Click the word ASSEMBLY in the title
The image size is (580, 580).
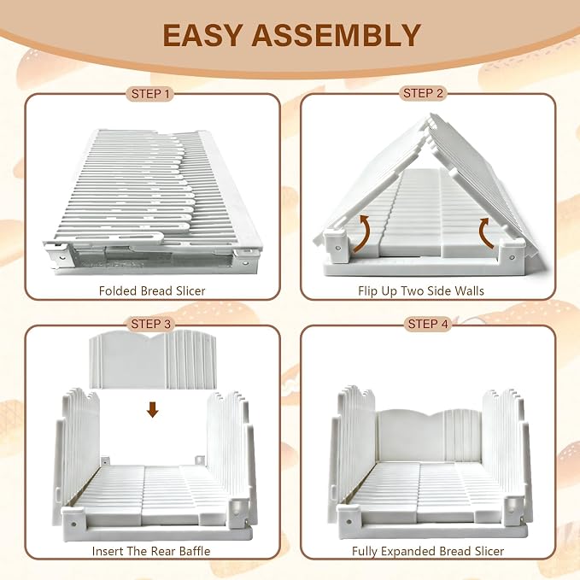pos(337,35)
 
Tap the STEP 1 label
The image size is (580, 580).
pos(150,94)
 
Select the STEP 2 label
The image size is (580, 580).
pos(423,93)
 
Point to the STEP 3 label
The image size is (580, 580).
pos(150,324)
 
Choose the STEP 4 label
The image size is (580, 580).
pos(428,324)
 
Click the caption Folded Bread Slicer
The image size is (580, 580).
pos(152,290)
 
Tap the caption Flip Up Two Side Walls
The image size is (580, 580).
pos(421,290)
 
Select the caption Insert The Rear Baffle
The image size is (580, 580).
pos(151,551)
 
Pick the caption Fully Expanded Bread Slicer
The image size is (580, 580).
pos(428,551)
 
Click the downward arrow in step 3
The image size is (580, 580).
pos(152,409)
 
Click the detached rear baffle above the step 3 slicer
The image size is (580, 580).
pos(152,360)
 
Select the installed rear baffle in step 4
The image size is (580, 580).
pos(429,436)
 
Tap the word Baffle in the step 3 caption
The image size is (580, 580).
pos(195,551)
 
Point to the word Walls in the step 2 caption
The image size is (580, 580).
pos(469,290)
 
